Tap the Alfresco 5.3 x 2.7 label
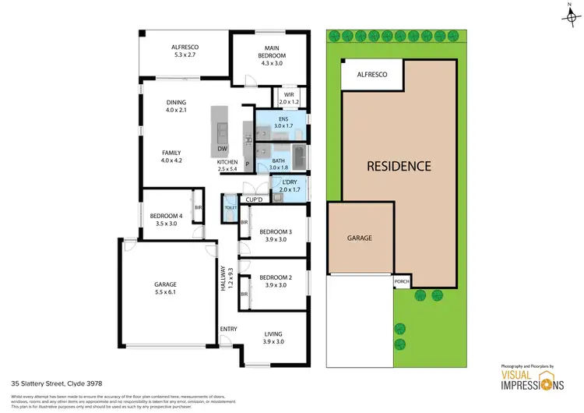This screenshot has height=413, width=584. click(x=186, y=51)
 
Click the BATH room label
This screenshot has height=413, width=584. click(x=278, y=161)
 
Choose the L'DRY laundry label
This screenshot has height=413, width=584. click(x=289, y=185)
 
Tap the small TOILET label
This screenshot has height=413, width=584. click(x=230, y=207)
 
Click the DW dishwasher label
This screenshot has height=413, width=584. click(x=222, y=149)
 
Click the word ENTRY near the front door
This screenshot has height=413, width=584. click(x=228, y=329)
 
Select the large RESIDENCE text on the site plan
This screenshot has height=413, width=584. click(x=399, y=166)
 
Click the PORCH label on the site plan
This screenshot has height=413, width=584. click(x=402, y=282)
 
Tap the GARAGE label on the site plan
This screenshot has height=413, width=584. click(x=359, y=238)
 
